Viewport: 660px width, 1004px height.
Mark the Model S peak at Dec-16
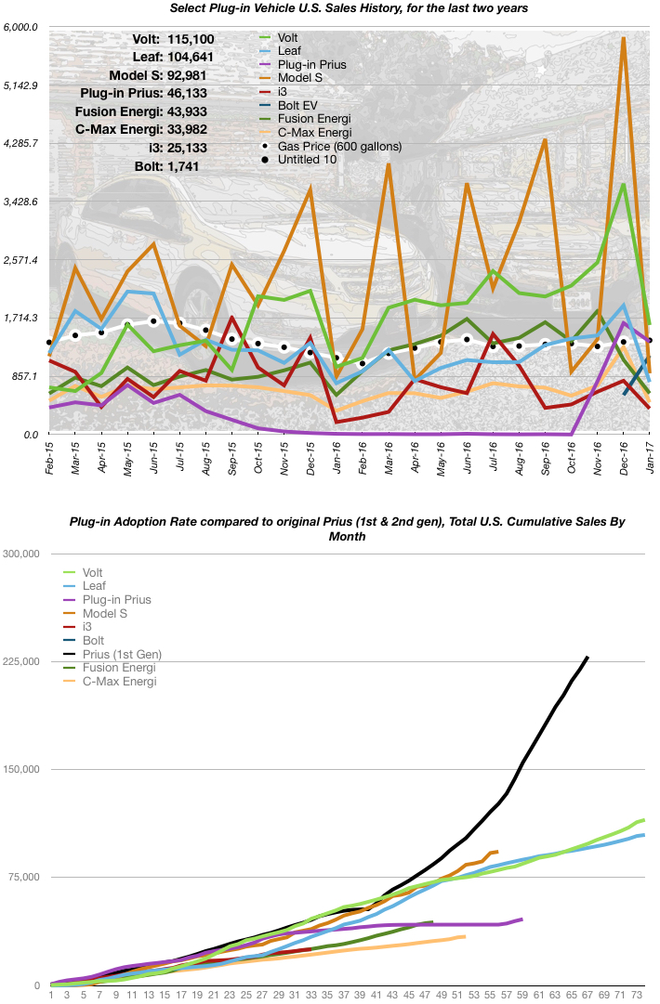(623, 38)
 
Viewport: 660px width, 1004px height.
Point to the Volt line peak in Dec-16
(623, 184)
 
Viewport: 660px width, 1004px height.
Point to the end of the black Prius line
(587, 658)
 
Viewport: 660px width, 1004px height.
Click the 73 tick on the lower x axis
(637, 995)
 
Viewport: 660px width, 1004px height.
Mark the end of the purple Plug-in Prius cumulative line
(521, 919)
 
